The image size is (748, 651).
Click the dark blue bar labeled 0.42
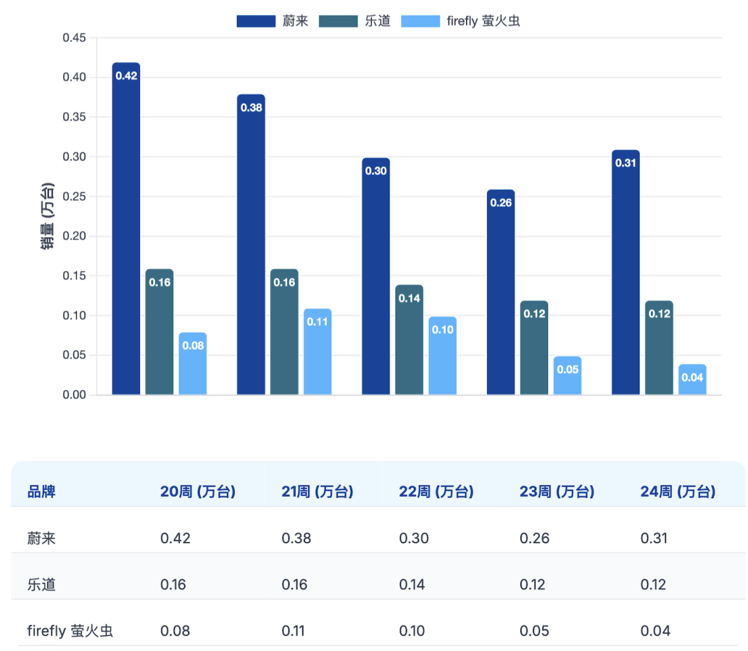tap(126, 228)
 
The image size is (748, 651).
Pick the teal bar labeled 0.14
tap(409, 340)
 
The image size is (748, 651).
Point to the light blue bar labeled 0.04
tap(692, 380)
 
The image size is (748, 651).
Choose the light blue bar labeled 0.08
tap(193, 363)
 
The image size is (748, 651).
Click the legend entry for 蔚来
tap(273, 21)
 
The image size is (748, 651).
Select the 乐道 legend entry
tap(355, 21)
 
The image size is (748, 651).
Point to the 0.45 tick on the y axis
tap(74, 37)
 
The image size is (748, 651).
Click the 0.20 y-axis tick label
tap(74, 236)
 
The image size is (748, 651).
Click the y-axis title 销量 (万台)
tap(47, 216)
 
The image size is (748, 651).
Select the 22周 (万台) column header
tap(436, 492)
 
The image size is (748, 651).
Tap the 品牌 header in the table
tap(42, 492)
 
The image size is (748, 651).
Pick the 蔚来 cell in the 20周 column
tap(175, 538)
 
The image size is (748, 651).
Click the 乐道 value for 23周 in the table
tap(533, 585)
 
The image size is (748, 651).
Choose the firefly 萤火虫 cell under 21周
tap(293, 631)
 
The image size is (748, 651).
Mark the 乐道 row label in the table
tap(42, 585)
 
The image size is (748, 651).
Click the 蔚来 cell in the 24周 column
tap(654, 538)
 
